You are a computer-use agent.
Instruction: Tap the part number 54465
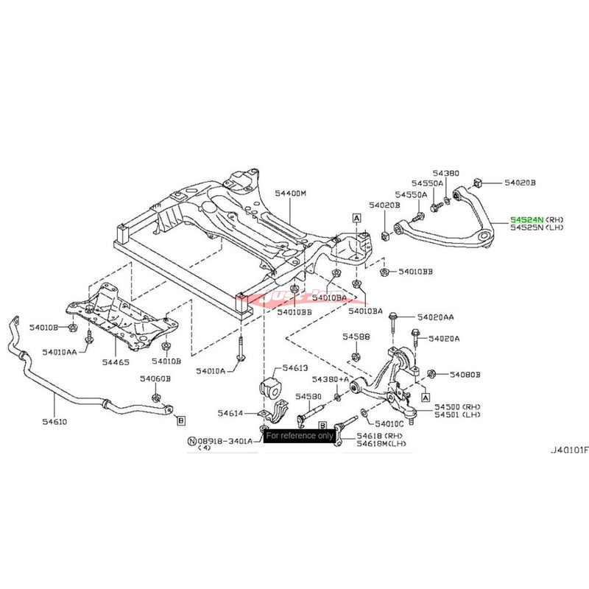[115, 362]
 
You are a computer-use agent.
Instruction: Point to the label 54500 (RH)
[455, 406]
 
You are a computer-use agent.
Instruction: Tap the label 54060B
[156, 378]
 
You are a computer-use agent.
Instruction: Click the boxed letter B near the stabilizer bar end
[180, 420]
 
